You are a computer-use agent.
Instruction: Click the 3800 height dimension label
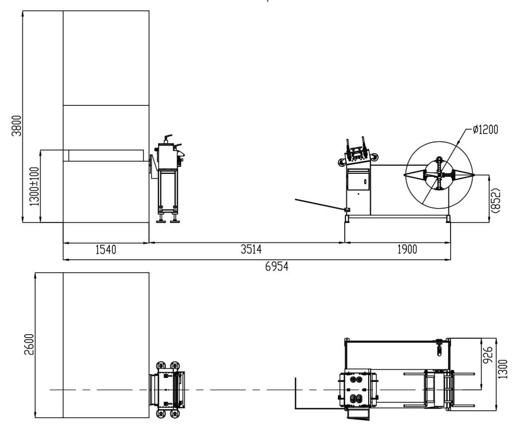click(x=16, y=127)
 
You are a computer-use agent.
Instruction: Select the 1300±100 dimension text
click(x=34, y=186)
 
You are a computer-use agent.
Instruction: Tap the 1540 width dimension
click(x=106, y=250)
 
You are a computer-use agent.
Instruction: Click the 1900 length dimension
click(x=407, y=250)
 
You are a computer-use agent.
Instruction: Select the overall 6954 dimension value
click(x=276, y=267)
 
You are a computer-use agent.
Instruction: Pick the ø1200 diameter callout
click(x=484, y=130)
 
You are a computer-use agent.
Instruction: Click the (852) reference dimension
click(x=495, y=200)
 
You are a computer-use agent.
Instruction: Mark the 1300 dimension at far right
click(x=504, y=369)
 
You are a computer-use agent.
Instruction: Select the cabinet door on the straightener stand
click(x=358, y=180)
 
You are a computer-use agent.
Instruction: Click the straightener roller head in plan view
click(x=356, y=389)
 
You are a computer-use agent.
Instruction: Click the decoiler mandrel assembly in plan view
click(x=437, y=389)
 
